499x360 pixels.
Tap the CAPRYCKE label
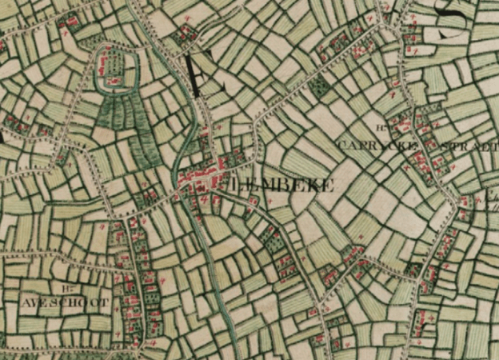pyautogui.click(x=369, y=146)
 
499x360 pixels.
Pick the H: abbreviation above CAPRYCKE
pyautogui.click(x=380, y=129)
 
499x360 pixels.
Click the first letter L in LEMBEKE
pyautogui.click(x=234, y=184)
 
